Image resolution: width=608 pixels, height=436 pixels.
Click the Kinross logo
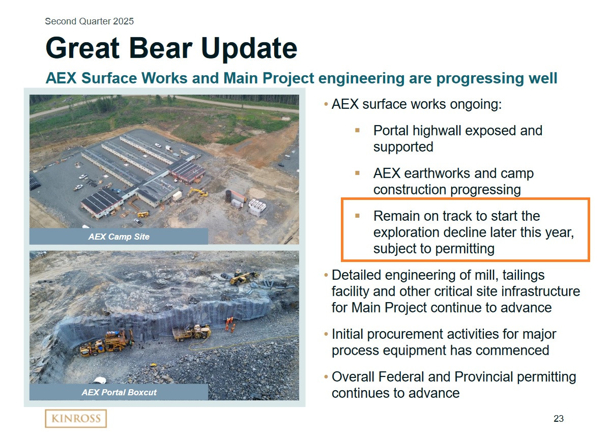(x=76, y=419)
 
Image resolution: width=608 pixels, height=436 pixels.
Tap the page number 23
(x=558, y=419)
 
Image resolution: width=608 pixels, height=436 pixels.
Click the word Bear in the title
(x=161, y=48)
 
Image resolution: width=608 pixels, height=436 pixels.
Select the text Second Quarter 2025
(x=89, y=21)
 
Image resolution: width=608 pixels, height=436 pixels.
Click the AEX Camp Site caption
(x=119, y=237)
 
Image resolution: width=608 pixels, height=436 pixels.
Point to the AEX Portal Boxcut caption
(x=119, y=392)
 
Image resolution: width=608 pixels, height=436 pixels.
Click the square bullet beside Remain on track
(x=357, y=216)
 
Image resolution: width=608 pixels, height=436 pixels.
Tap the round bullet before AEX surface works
(x=326, y=104)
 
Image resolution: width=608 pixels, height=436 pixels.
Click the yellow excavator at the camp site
(x=198, y=192)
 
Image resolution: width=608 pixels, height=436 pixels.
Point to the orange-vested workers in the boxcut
(x=230, y=324)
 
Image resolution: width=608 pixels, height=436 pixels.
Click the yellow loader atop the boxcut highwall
(x=244, y=277)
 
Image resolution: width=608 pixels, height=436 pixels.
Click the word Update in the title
(x=249, y=48)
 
